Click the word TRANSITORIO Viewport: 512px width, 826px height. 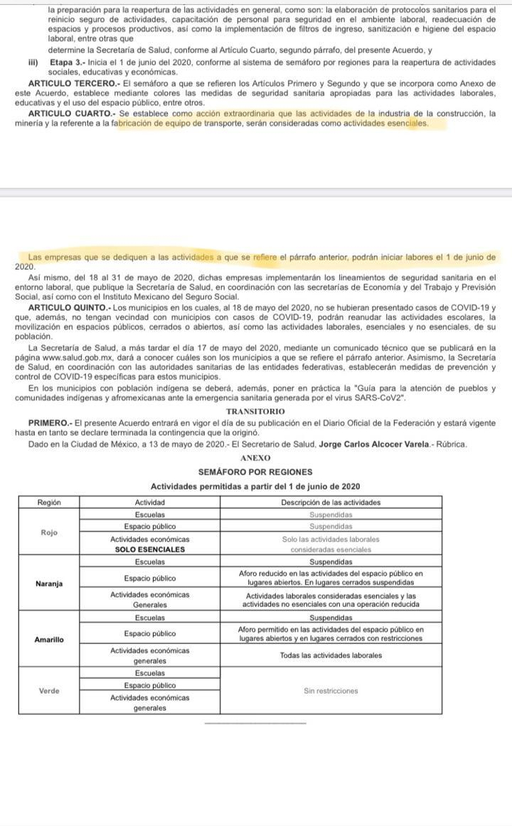[255, 411]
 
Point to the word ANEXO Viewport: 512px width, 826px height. [255, 458]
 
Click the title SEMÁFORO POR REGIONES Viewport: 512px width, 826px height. [255, 472]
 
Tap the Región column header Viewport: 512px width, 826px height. [48, 502]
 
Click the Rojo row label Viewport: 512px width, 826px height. [48, 531]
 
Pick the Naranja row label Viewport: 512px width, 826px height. [48, 584]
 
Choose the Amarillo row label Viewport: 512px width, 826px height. [48, 640]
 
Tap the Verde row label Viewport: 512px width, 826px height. [48, 690]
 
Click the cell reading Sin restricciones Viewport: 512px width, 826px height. [331, 690]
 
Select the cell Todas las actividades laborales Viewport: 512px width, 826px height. [331, 655]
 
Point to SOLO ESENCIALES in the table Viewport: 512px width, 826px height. [150, 549]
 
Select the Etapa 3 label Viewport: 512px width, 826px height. [66, 63]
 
